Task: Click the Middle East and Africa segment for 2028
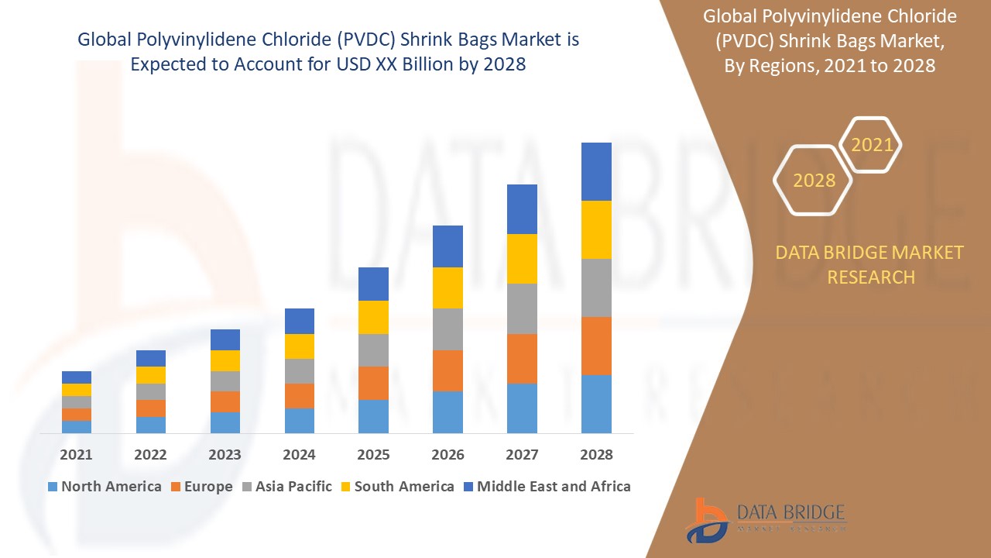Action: tap(596, 171)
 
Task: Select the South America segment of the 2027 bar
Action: tap(522, 259)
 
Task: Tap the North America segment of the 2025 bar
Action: tap(373, 416)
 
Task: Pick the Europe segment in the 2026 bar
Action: tap(447, 370)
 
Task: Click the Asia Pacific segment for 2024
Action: tap(300, 371)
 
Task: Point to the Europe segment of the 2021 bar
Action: tap(77, 415)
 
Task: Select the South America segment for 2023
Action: tap(225, 360)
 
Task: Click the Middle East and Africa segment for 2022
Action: tap(151, 358)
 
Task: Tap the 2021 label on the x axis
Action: tap(77, 455)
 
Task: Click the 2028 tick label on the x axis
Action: tap(596, 455)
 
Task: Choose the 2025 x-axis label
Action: tap(373, 455)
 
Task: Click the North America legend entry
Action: tap(105, 487)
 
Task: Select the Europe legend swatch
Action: tap(176, 487)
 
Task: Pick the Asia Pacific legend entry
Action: tap(286, 487)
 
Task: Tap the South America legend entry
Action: tap(396, 487)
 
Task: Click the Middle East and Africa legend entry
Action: tap(546, 487)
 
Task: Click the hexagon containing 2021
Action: tap(871, 145)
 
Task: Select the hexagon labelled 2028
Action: tap(814, 181)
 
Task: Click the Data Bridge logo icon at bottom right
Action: tap(706, 520)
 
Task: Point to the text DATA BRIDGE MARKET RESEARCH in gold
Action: tap(870, 264)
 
